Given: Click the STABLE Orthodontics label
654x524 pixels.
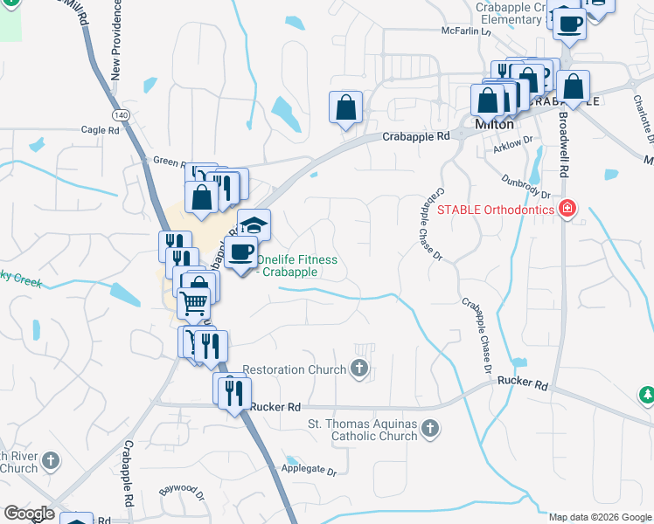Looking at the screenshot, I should click(x=495, y=210).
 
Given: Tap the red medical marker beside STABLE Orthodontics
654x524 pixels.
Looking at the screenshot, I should click(x=567, y=209).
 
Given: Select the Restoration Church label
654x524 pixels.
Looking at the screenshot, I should click(x=295, y=369).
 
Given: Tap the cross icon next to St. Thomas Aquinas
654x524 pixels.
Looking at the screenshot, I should click(x=429, y=428).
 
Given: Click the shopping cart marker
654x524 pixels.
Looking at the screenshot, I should click(x=193, y=303).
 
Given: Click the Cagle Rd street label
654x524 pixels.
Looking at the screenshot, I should click(x=100, y=130).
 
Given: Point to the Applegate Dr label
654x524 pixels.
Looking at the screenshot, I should click(x=308, y=469).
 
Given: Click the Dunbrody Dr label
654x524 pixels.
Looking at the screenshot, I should click(x=526, y=187).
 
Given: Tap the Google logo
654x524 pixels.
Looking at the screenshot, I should click(x=29, y=514).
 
